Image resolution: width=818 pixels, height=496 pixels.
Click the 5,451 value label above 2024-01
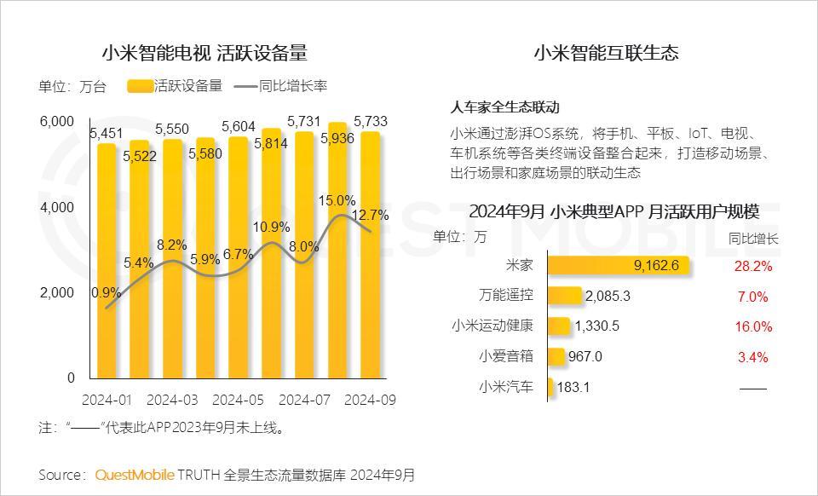pyautogui.click(x=107, y=133)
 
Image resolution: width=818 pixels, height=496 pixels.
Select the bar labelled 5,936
pyautogui.click(x=337, y=256)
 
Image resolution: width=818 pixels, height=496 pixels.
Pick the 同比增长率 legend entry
pyautogui.click(x=281, y=86)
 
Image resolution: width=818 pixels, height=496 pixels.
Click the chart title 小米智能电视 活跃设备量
pyautogui.click(x=204, y=53)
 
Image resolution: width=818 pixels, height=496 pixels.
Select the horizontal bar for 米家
pyautogui.click(x=618, y=266)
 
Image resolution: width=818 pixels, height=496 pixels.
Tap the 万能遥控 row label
pyautogui.click(x=506, y=296)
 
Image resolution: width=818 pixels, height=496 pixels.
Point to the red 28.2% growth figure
pyautogui.click(x=752, y=266)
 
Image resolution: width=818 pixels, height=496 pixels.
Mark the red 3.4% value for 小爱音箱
pyautogui.click(x=752, y=356)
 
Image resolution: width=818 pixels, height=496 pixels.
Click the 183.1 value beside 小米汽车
pyautogui.click(x=573, y=388)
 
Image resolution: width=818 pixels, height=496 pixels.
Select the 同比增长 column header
pyautogui.click(x=752, y=238)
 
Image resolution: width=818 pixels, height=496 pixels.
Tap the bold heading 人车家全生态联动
pyautogui.click(x=504, y=107)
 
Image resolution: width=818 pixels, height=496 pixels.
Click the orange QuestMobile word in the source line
pyautogui.click(x=135, y=475)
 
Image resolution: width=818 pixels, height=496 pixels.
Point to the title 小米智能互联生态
pyautogui.click(x=606, y=53)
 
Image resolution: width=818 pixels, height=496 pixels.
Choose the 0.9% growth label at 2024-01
pyautogui.click(x=106, y=292)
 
